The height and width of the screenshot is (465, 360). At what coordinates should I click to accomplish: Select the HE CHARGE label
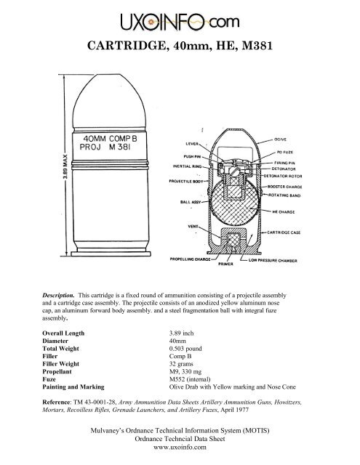[289, 211]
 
